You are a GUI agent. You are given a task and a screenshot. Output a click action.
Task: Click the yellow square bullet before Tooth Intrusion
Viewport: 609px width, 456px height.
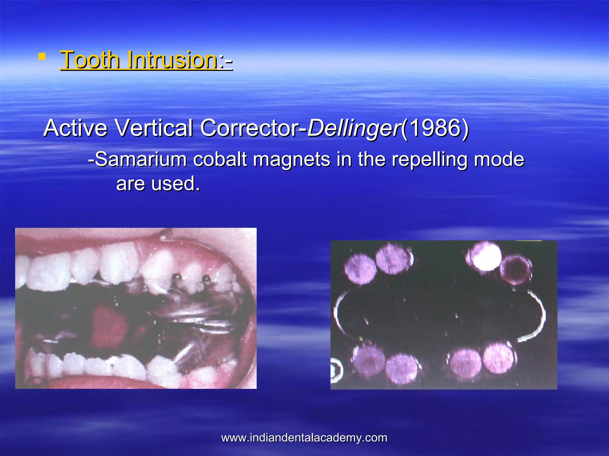pos(42,56)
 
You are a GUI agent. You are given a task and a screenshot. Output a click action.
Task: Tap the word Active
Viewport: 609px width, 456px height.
pos(75,128)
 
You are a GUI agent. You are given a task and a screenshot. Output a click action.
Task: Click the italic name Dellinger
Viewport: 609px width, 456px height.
pos(353,129)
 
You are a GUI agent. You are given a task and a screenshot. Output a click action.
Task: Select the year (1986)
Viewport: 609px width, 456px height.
pos(435,128)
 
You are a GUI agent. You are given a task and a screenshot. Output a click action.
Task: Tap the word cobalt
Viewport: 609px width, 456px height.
pos(220,159)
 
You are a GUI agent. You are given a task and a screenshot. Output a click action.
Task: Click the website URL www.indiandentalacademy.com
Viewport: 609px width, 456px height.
pos(304,438)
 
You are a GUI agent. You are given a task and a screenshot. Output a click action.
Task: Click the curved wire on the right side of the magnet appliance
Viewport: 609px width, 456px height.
pos(537,318)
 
